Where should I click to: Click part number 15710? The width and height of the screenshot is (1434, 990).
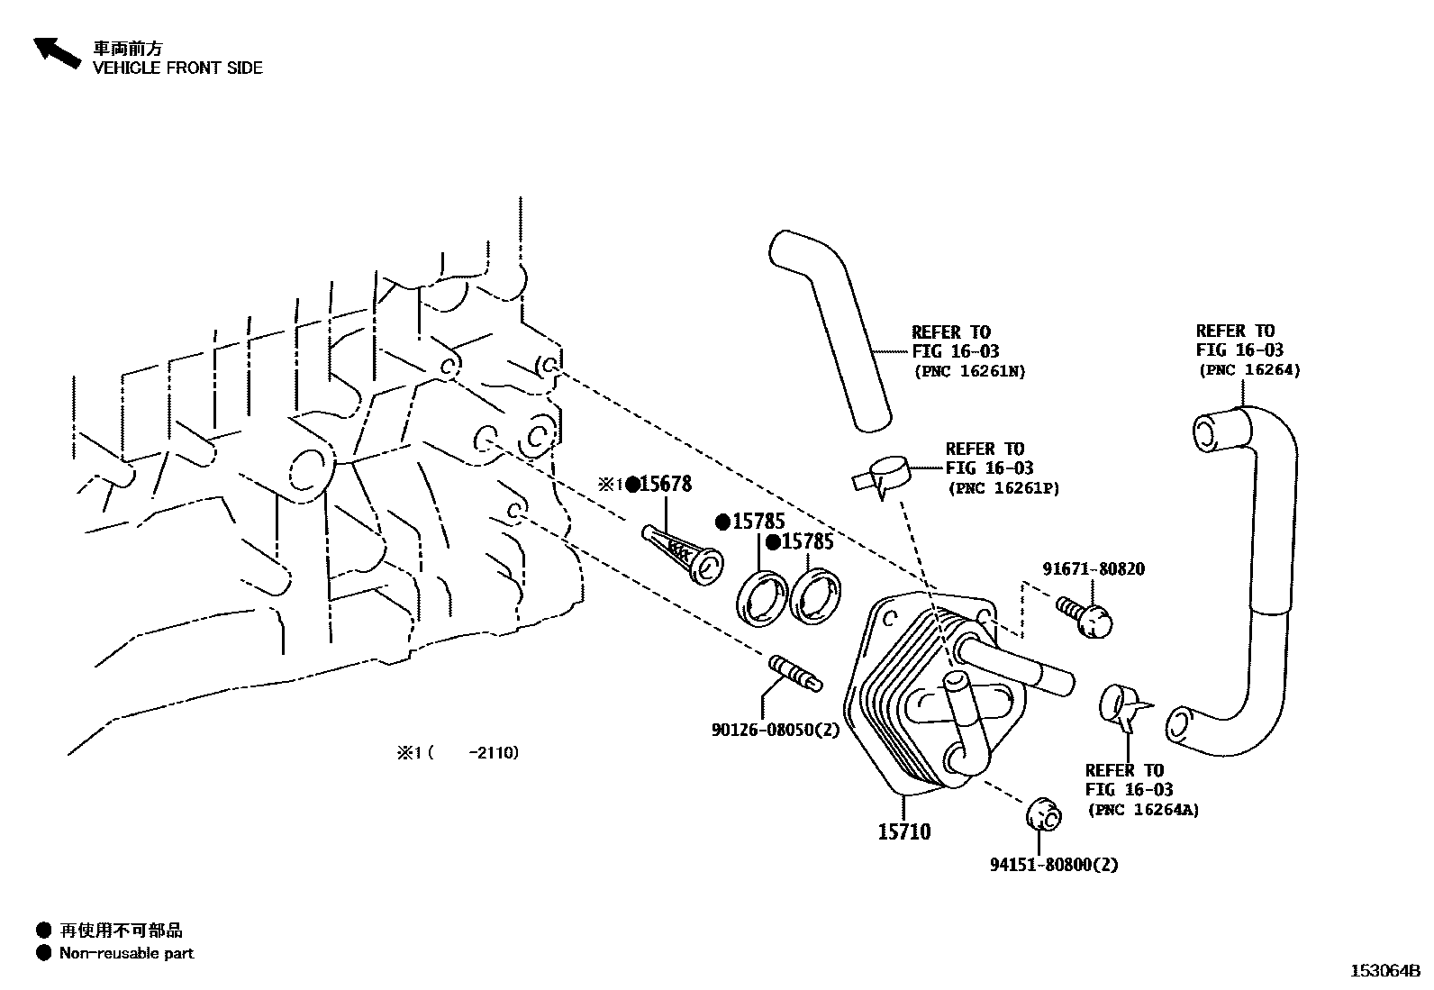pos(904,831)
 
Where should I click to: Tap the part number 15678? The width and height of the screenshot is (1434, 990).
pos(665,485)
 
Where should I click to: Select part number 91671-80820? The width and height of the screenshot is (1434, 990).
pos(1094,569)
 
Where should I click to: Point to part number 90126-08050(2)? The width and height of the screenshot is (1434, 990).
pos(775,730)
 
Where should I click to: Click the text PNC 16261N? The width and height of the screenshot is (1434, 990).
pos(969,371)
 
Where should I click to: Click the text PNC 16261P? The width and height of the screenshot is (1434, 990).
pos(1003,488)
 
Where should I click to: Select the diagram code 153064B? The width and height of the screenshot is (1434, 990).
pos(1384,971)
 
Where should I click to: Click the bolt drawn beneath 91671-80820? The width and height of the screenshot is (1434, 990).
pos(1085,618)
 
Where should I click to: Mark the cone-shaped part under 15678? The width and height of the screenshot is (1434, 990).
pos(680,553)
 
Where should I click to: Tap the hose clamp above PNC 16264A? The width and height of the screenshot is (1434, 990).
pos(1122,706)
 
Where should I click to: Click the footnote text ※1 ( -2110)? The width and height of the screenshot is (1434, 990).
pos(458,752)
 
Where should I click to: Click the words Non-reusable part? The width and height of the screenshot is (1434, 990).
pos(126,953)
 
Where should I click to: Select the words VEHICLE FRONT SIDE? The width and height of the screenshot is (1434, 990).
pos(177,68)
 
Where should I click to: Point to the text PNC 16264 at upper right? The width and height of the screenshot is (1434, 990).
pos(1248,370)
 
